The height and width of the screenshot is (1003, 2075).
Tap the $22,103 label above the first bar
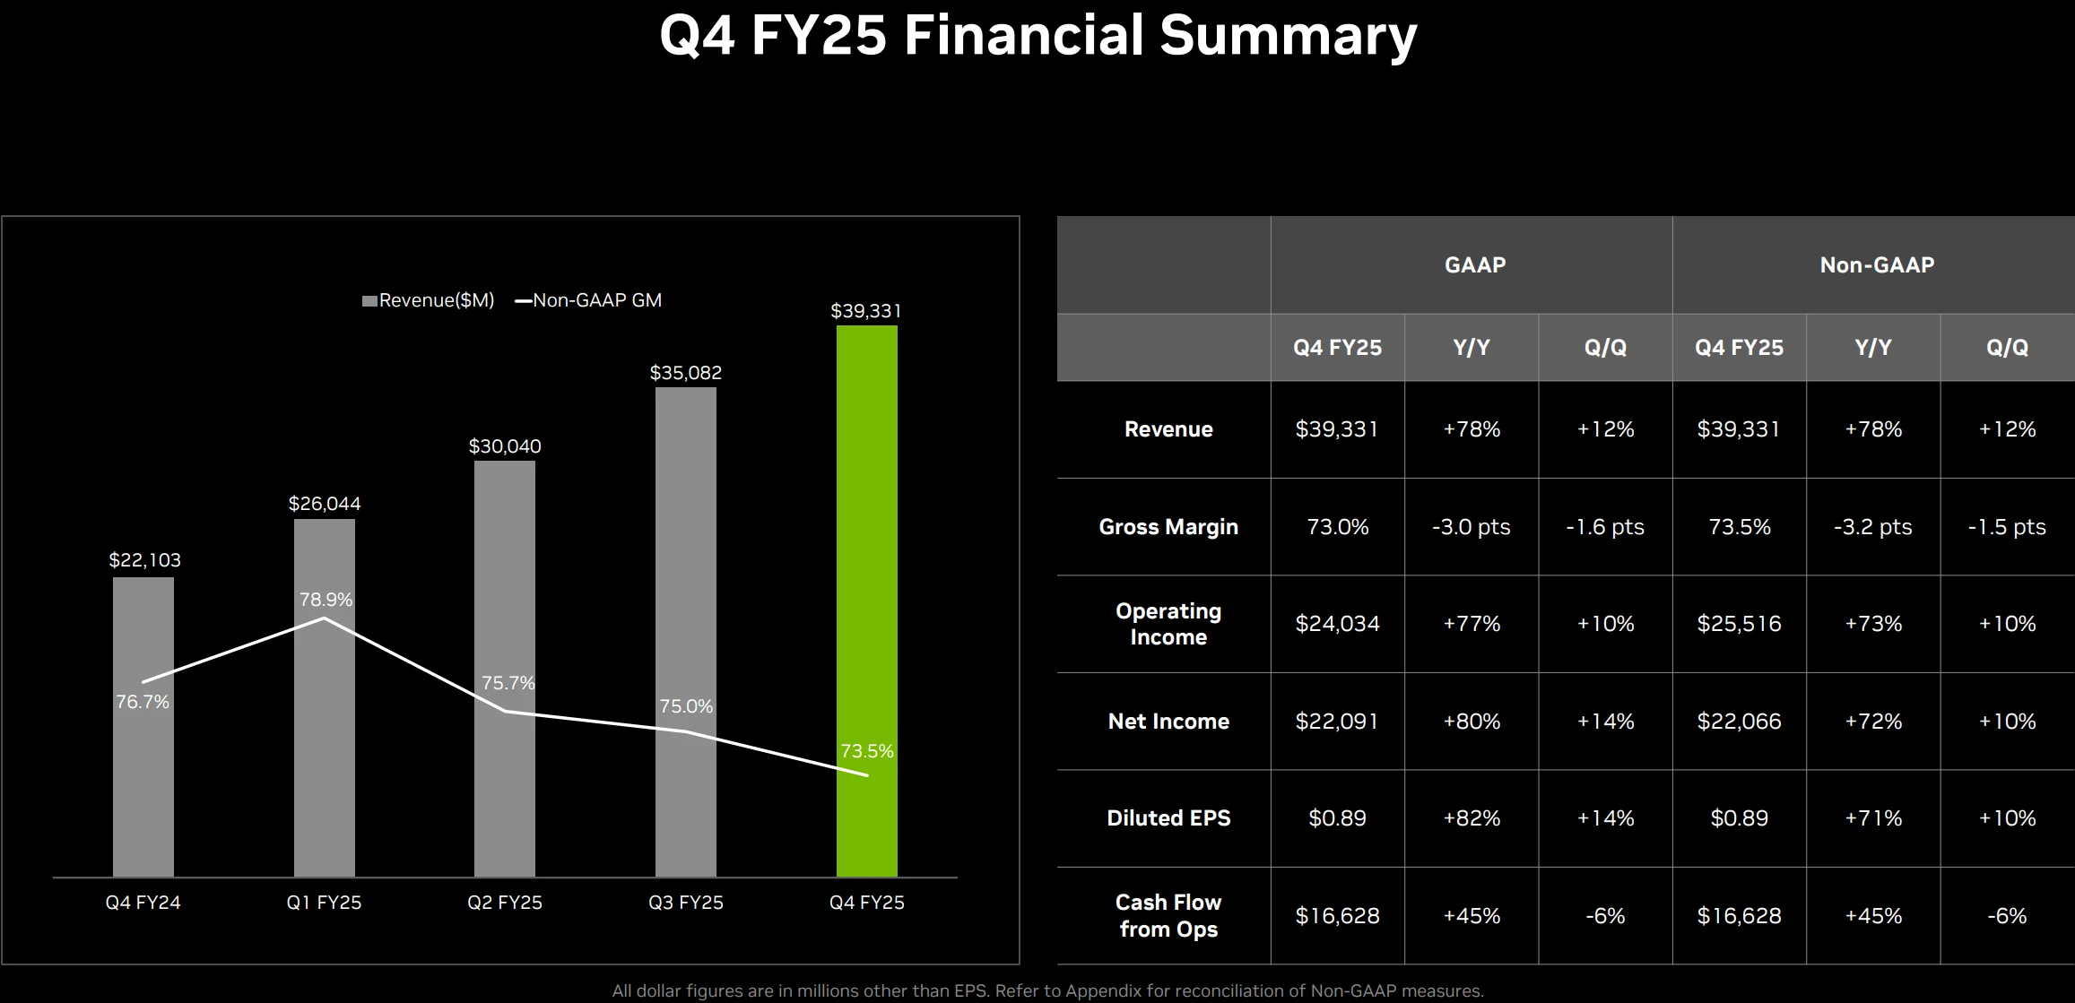click(x=144, y=560)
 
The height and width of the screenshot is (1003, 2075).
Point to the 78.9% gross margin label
click(x=326, y=600)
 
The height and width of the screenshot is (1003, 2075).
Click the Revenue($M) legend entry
click(x=428, y=300)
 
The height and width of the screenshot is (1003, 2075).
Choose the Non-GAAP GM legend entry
click(x=588, y=300)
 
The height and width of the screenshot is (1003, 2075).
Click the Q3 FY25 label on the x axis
click(x=686, y=903)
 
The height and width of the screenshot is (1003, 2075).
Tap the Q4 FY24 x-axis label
click(x=143, y=903)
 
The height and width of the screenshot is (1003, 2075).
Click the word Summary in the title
click(x=1287, y=36)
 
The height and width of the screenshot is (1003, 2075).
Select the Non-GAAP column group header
click(x=1877, y=264)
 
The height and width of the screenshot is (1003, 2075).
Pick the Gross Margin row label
click(x=1168, y=527)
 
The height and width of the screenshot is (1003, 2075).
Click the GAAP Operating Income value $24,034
click(x=1337, y=624)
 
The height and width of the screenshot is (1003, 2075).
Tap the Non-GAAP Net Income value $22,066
click(x=1739, y=722)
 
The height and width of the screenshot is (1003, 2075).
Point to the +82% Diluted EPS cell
click(x=1472, y=818)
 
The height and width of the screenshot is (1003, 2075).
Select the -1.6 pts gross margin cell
click(x=1605, y=527)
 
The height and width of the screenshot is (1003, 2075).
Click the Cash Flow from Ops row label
click(x=1168, y=916)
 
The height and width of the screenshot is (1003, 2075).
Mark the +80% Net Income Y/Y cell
click(x=1472, y=722)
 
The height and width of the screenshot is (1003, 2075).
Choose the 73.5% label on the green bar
click(x=866, y=751)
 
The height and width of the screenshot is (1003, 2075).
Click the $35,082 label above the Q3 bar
click(x=686, y=373)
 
